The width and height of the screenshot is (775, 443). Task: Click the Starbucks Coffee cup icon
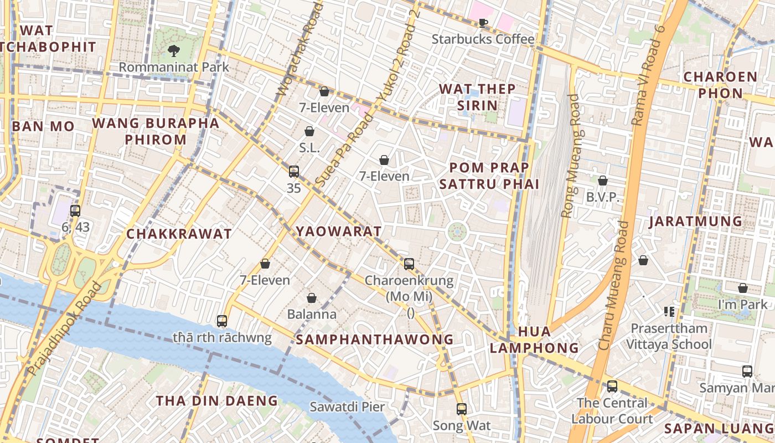(x=483, y=23)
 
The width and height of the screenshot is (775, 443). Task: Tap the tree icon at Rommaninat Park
(x=174, y=51)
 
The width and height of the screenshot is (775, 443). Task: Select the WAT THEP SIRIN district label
(x=477, y=97)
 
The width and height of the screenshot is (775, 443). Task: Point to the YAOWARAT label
(x=339, y=231)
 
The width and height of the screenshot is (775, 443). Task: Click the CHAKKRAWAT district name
(x=179, y=234)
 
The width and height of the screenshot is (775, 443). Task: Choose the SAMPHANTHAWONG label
(x=375, y=339)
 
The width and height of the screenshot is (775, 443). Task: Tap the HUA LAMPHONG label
(x=534, y=339)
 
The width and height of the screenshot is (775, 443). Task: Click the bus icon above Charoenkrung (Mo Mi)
(x=409, y=264)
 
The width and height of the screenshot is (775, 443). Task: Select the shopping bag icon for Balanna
(x=312, y=298)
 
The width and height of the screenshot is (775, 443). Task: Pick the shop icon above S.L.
(x=309, y=131)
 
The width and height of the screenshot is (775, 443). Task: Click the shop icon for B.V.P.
(x=603, y=181)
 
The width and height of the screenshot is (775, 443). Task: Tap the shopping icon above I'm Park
(x=743, y=288)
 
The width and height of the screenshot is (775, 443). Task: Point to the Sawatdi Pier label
(x=347, y=407)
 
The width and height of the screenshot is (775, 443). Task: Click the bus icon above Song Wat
(x=462, y=409)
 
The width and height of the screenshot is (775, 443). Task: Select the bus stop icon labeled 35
(x=294, y=172)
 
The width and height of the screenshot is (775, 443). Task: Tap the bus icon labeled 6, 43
(x=75, y=210)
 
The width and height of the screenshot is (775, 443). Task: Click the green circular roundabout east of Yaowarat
(x=457, y=231)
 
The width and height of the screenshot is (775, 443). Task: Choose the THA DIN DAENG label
(x=216, y=400)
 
